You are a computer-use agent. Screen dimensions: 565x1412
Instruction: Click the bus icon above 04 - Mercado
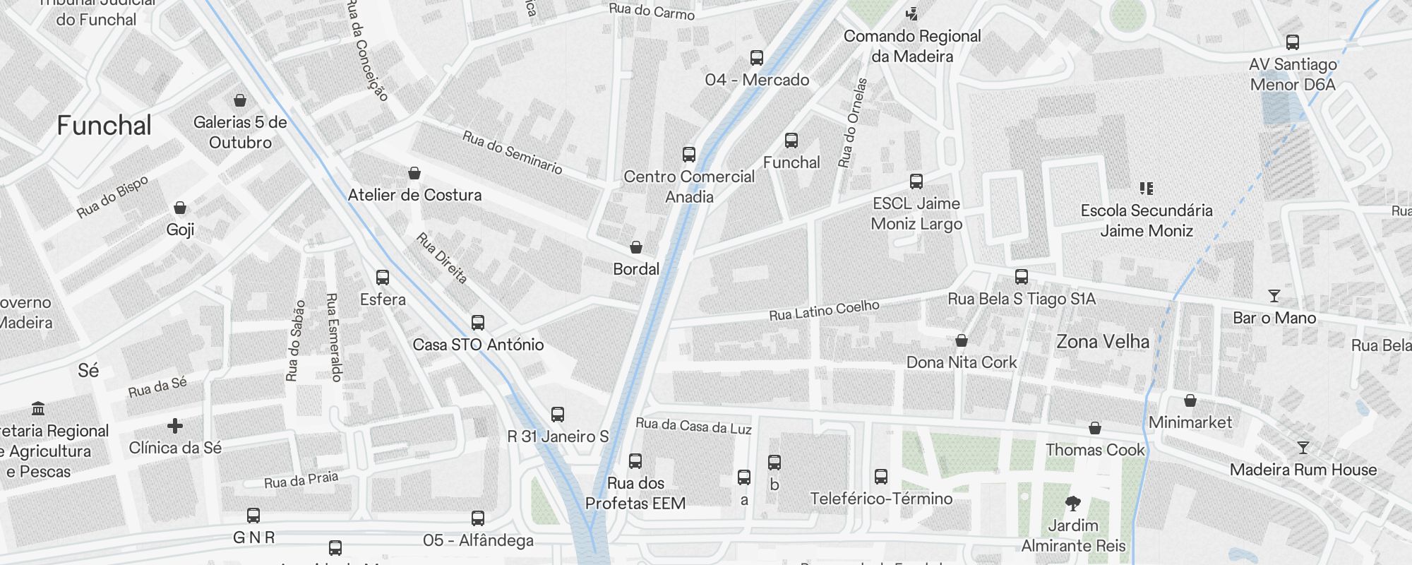pyautogui.click(x=756, y=57)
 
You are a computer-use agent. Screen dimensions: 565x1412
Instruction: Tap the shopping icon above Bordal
pyautogui.click(x=636, y=247)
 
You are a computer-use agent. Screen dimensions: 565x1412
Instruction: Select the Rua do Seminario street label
pyautogui.click(x=512, y=152)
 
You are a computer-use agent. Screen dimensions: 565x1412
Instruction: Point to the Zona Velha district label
pyautogui.click(x=1102, y=342)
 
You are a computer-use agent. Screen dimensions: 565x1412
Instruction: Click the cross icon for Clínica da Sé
pyautogui.click(x=175, y=425)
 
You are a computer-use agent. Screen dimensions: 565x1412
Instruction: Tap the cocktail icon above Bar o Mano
pyautogui.click(x=1274, y=296)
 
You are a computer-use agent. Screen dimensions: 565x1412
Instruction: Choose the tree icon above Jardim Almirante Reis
pyautogui.click(x=1072, y=504)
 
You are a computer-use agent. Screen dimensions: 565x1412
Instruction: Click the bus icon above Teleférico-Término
pyautogui.click(x=880, y=477)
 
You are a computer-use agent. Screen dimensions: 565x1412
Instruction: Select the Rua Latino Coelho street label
pyautogui.click(x=824, y=310)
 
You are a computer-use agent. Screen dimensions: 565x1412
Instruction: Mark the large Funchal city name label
pyautogui.click(x=104, y=126)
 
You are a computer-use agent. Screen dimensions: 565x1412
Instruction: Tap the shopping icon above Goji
pyautogui.click(x=180, y=208)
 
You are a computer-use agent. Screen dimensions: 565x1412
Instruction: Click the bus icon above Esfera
pyautogui.click(x=383, y=278)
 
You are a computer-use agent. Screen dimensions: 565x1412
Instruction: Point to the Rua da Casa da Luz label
pyautogui.click(x=693, y=426)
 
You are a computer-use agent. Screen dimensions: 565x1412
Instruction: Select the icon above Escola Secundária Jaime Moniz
pyautogui.click(x=1146, y=189)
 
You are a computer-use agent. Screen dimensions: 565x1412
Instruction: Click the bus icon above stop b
pyautogui.click(x=774, y=463)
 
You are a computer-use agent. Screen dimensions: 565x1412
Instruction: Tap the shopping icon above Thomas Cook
pyautogui.click(x=1094, y=428)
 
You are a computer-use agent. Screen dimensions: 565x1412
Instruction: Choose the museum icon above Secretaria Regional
pyautogui.click(x=38, y=409)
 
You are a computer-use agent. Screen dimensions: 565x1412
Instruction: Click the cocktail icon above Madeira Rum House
pyautogui.click(x=1303, y=448)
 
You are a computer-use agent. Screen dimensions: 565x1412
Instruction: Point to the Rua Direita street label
pyautogui.click(x=442, y=258)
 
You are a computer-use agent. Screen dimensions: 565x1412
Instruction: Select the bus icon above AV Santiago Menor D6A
pyautogui.click(x=1292, y=42)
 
